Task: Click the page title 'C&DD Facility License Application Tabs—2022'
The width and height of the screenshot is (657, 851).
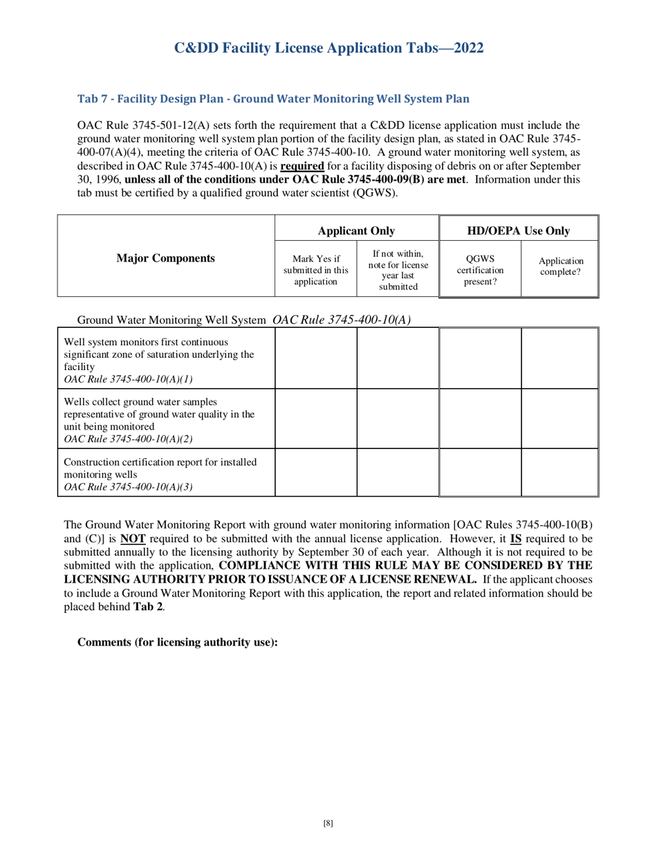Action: (x=328, y=48)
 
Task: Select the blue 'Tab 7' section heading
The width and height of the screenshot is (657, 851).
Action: (x=273, y=99)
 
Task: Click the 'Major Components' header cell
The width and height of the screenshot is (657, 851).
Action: (x=165, y=258)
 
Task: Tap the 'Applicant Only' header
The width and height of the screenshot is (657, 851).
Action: (x=356, y=230)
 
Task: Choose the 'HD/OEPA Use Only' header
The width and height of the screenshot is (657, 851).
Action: (x=519, y=230)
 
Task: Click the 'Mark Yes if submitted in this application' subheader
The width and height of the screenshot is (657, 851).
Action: (x=316, y=271)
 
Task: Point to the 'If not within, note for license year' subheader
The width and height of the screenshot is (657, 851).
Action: (x=398, y=269)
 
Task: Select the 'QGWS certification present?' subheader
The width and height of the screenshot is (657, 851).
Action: (x=480, y=271)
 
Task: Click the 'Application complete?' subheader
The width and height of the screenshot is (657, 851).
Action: (x=560, y=266)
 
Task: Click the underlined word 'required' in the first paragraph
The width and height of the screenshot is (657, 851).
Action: (x=302, y=166)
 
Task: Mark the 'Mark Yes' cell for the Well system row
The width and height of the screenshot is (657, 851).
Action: (x=316, y=358)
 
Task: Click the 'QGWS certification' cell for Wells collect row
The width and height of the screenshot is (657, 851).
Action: (x=480, y=419)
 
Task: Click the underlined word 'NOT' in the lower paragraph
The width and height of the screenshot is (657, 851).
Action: (x=133, y=538)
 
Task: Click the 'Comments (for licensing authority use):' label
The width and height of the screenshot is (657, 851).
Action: (x=178, y=642)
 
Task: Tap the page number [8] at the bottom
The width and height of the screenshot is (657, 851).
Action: (x=328, y=823)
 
